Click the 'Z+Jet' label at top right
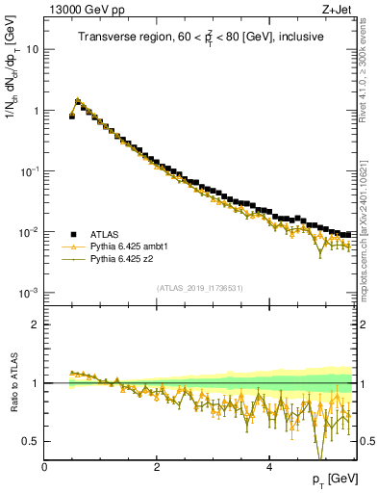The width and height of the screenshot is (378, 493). tap(338, 9)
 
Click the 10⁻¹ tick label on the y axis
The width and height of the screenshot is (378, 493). tap(30, 171)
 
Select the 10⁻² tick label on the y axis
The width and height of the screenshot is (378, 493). tap(30, 232)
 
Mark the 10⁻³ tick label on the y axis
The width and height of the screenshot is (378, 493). tap(30, 293)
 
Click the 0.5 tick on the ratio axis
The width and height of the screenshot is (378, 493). tap(32, 441)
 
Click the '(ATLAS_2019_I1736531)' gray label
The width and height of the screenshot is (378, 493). tap(200, 289)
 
